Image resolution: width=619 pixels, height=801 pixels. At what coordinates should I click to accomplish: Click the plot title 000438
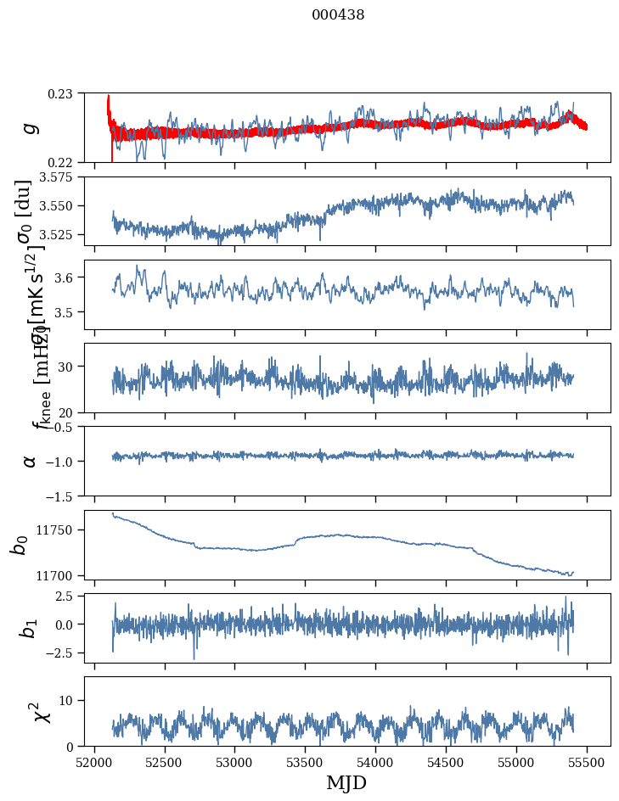tap(338, 14)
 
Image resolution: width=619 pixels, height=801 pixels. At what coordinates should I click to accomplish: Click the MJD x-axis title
tap(346, 783)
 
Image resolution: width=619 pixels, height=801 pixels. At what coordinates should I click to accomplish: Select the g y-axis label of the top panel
tap(31, 127)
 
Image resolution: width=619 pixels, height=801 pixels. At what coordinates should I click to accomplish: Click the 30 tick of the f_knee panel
tap(69, 367)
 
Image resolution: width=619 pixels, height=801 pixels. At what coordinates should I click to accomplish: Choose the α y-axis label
tap(31, 460)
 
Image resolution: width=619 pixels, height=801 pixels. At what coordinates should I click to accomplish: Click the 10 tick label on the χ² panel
tap(69, 700)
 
